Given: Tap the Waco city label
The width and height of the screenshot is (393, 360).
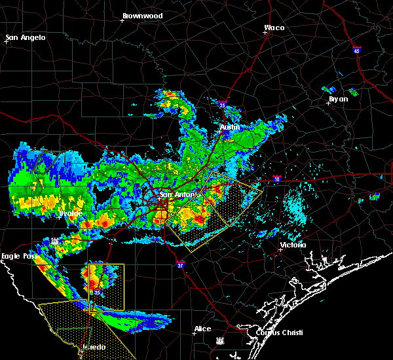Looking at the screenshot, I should [274, 27].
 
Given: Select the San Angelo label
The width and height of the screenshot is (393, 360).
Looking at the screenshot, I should [26, 37].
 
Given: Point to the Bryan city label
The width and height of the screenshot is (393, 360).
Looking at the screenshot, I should [338, 99].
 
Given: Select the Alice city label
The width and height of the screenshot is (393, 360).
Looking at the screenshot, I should [202, 329].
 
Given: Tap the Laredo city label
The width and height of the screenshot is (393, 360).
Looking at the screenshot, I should [92, 347].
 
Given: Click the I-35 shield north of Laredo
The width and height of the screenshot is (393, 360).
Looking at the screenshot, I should [97, 291].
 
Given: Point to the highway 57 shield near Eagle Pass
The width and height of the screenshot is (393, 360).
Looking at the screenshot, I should [55, 242].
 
